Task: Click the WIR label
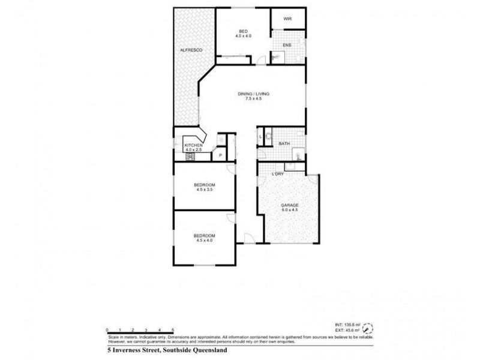tap(287, 19)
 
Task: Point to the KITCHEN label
tap(193, 145)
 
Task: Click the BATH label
tap(284, 144)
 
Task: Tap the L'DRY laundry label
tap(277, 175)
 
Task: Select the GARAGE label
tap(290, 205)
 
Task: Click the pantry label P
tap(221, 155)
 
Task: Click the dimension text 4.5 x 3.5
tap(205, 190)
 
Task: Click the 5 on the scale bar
tap(173, 330)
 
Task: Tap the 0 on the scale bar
tap(107, 330)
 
